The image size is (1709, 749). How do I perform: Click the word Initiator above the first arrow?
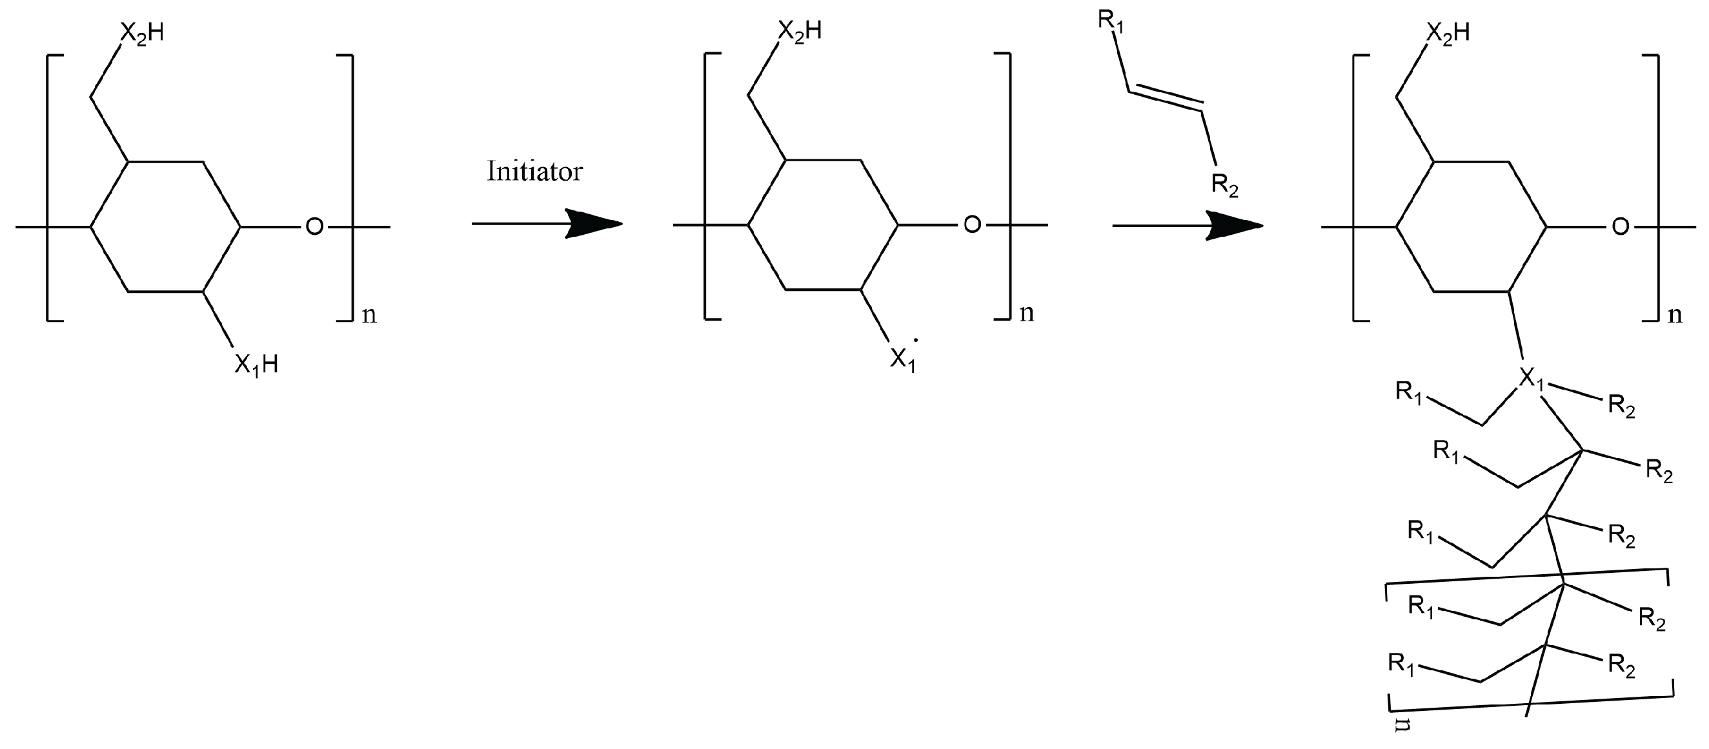coord(535,172)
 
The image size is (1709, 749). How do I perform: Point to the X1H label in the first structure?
coord(256,365)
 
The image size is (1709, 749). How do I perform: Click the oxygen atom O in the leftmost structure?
coord(314,228)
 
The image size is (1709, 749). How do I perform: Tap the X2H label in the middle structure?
coord(799,31)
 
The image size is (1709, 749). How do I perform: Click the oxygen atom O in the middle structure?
coord(972,226)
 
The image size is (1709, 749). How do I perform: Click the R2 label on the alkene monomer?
coord(1225,185)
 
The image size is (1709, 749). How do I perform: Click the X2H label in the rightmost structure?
coord(1447,34)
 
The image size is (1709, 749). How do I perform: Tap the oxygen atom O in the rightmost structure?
coord(1620,228)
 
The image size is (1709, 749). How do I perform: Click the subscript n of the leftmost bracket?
coord(369,314)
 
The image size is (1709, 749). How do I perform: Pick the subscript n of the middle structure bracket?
coord(1026,313)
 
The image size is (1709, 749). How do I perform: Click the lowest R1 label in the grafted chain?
coord(1401,664)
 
